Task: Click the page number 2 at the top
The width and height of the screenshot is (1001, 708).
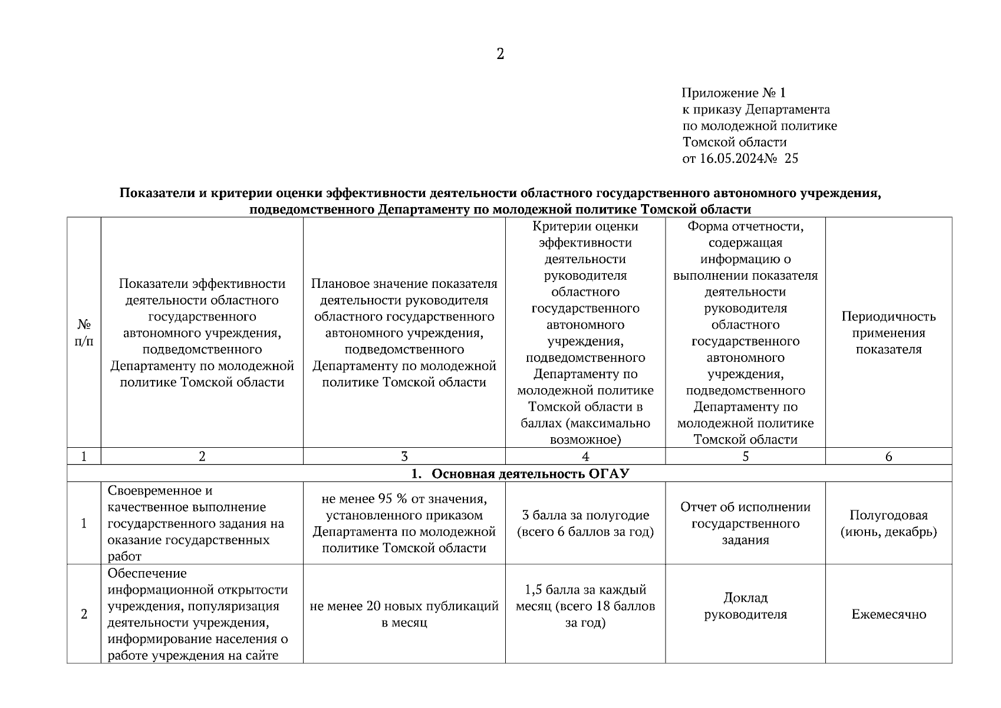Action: tap(500, 54)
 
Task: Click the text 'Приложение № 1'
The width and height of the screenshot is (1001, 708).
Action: tap(733, 93)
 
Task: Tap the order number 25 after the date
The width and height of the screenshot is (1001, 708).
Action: tap(791, 158)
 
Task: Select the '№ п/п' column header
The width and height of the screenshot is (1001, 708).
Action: tap(84, 333)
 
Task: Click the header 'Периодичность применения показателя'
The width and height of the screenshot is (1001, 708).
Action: tap(888, 333)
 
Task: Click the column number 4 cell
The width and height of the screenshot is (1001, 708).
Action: tap(585, 456)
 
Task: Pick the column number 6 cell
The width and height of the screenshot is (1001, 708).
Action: tap(888, 456)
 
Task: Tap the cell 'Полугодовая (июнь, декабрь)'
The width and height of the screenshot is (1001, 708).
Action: tap(888, 523)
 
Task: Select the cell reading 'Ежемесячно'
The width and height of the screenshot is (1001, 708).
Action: tap(888, 614)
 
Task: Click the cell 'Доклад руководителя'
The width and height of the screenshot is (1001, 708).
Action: tap(745, 606)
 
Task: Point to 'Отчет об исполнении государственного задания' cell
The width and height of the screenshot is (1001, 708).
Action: tap(745, 523)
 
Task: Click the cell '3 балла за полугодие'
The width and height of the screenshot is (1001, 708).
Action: tap(585, 515)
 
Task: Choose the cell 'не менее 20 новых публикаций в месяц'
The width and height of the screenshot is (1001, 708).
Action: tap(404, 614)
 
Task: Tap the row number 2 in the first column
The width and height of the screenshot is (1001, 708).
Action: tap(84, 614)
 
